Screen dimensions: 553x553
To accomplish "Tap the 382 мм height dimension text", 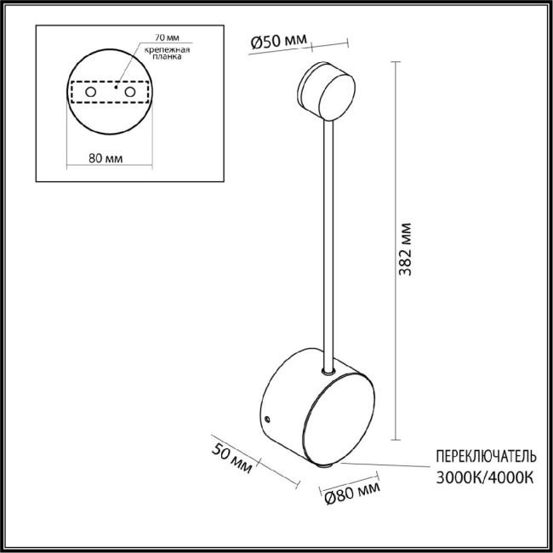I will click(x=406, y=251).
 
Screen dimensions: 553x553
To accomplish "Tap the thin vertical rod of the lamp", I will click(x=326, y=247).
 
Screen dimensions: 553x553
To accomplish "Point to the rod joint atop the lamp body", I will click(x=326, y=371).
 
